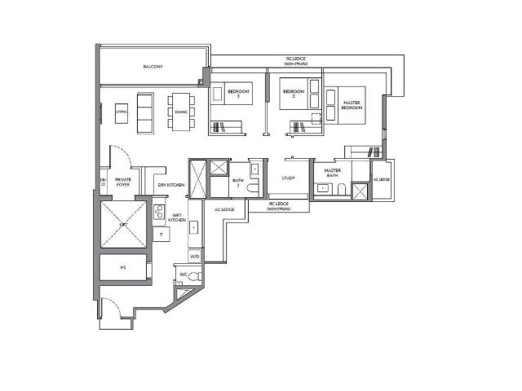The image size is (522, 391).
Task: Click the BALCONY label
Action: pos(152,66)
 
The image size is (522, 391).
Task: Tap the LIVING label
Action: pos(121,112)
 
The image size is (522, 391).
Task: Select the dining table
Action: pos(179,112)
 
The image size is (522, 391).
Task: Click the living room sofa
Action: pos(144,112)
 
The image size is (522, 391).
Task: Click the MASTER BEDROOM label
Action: pos(351,105)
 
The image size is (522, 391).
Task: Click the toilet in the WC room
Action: pos(194,277)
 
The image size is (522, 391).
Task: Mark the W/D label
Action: pos(193,257)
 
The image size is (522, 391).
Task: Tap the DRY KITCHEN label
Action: pos(170,185)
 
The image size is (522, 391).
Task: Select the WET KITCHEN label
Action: pos(177,217)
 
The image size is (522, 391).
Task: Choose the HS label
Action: pos(123,267)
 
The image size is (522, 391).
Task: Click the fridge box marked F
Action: pos(161,235)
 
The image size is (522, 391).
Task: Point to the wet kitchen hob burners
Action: pos(158,217)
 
